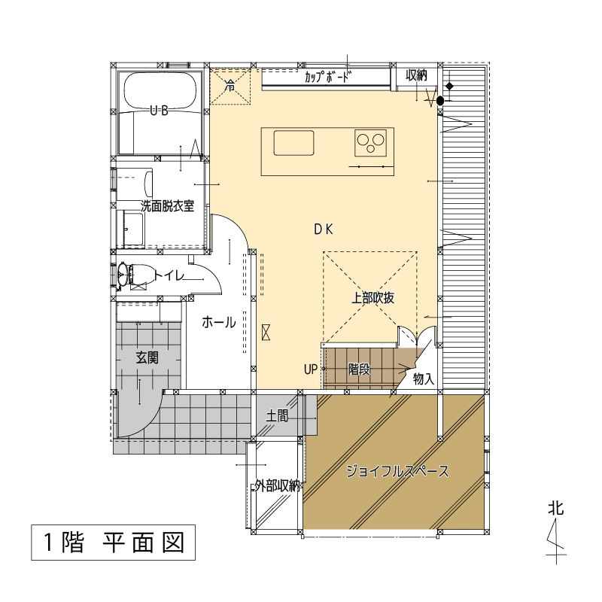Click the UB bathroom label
[x=159, y=111]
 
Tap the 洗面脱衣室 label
[x=167, y=206]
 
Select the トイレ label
[x=169, y=275]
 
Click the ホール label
[x=218, y=322]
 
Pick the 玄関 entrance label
[x=147, y=358]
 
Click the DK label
[x=324, y=230]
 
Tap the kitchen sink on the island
[x=293, y=143]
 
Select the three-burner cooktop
[x=370, y=143]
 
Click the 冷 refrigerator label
[x=230, y=85]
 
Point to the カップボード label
[x=328, y=78]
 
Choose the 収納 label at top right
[x=417, y=76]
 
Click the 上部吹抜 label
[x=372, y=298]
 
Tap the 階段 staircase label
[x=359, y=369]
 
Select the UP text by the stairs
[x=311, y=369]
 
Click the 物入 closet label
[x=424, y=379]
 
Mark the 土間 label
[x=277, y=415]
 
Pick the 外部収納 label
[x=277, y=486]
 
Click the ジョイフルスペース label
[x=397, y=471]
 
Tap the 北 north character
[x=556, y=508]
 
